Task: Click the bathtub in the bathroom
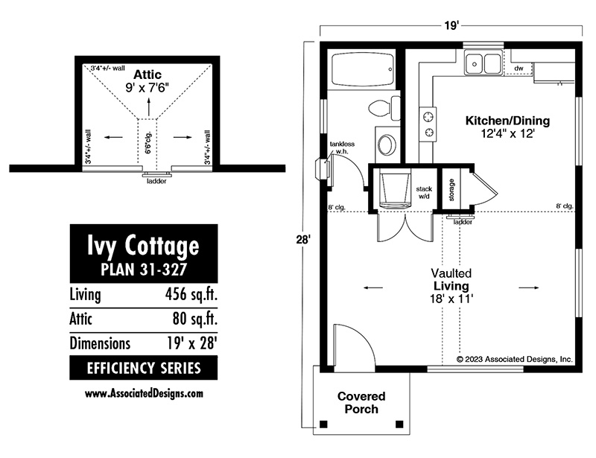363,69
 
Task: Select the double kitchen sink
484,63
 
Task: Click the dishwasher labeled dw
519,69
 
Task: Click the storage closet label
451,190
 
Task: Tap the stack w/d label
424,192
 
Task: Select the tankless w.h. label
342,147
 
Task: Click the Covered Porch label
361,402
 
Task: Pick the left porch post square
323,424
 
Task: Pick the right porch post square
399,424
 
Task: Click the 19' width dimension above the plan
451,25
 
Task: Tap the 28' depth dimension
304,240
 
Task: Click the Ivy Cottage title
143,246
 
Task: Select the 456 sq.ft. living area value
191,294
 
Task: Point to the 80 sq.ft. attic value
195,319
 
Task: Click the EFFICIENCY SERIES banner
144,368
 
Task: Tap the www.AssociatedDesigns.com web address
144,393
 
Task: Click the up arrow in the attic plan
148,106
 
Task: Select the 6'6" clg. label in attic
148,142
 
